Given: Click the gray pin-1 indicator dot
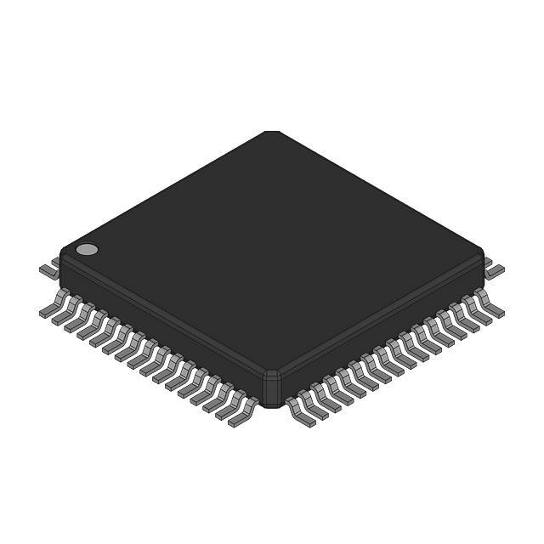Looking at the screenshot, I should pyautogui.click(x=87, y=249).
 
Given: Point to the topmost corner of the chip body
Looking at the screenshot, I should pyautogui.click(x=271, y=133).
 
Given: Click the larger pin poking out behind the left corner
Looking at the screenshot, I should pyautogui.click(x=48, y=268).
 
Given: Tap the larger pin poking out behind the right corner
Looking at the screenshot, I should pyautogui.click(x=495, y=269).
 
